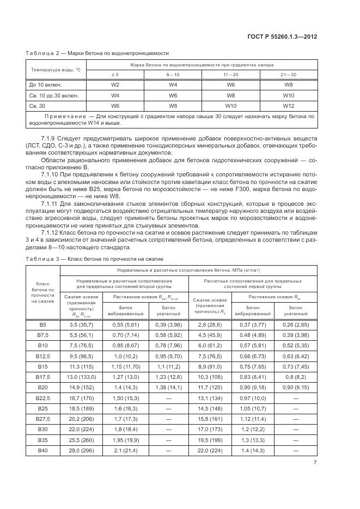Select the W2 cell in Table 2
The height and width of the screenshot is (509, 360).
tap(115, 85)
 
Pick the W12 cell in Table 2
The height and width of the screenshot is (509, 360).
tap(288, 106)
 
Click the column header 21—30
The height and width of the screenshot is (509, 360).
tap(288, 74)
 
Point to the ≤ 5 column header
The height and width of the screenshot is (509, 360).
tap(115, 74)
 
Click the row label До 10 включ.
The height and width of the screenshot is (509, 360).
tap(45, 85)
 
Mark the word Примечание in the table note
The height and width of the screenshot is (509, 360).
tap(65, 116)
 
